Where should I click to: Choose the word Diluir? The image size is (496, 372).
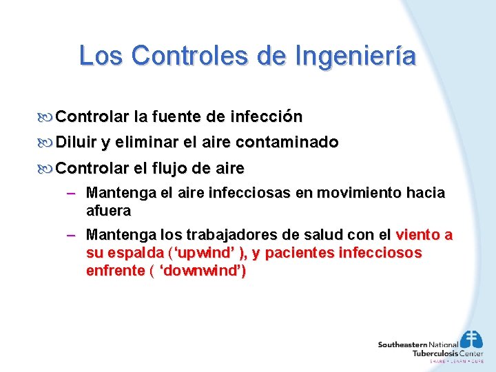(x=76, y=143)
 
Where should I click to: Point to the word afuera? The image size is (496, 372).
(x=108, y=210)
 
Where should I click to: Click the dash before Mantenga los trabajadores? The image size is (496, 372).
(x=70, y=236)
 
